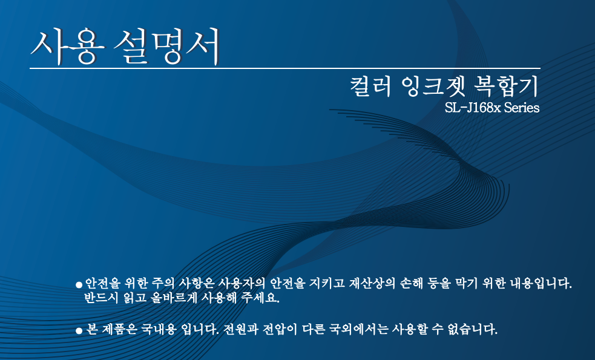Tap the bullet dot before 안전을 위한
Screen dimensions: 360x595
tap(79, 284)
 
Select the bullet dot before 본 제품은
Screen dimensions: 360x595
tap(79, 331)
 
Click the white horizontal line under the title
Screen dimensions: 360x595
tap(284, 68)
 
